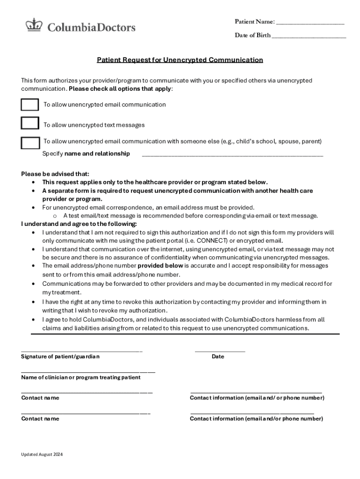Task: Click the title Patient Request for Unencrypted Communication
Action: (x=180, y=60)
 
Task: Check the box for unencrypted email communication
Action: (x=30, y=105)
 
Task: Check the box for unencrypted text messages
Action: (x=30, y=123)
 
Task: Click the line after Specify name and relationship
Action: (x=232, y=155)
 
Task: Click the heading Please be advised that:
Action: (x=55, y=174)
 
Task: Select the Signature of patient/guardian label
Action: (x=60, y=357)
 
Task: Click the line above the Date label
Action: (x=220, y=350)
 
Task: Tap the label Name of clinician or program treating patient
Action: (x=81, y=377)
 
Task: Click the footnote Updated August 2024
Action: (x=42, y=455)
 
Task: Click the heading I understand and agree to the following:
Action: (x=79, y=224)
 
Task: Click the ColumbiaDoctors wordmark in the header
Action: (x=91, y=27)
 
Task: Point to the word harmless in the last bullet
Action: (x=291, y=320)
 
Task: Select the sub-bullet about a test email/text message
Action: (x=190, y=216)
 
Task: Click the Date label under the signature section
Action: (x=218, y=357)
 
